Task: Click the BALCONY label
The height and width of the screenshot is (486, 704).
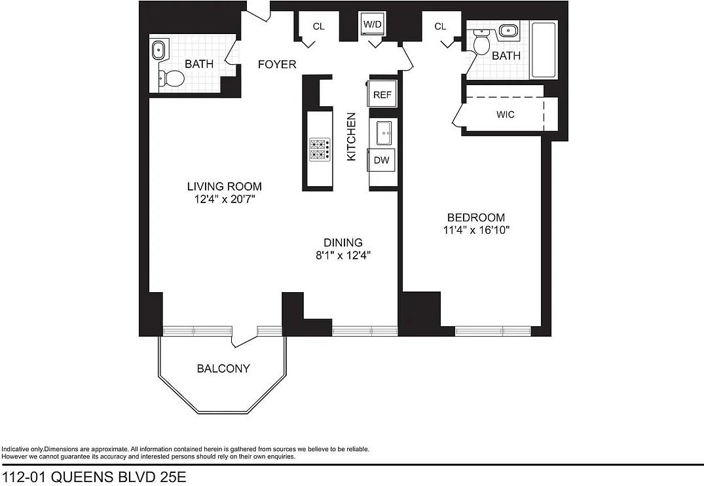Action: [223, 369]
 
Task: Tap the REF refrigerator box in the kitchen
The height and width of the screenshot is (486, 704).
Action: [382, 95]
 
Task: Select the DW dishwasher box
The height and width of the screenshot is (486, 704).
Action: [381, 159]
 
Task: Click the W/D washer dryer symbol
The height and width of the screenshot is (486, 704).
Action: [373, 25]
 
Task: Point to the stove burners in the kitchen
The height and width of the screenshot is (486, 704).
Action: [319, 149]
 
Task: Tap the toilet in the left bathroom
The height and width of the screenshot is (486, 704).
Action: [172, 79]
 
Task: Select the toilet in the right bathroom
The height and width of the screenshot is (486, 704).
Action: [481, 45]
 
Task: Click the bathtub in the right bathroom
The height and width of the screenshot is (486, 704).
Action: [543, 50]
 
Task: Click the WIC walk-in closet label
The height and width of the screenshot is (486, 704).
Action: [505, 115]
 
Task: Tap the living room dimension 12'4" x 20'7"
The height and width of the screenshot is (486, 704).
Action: [225, 199]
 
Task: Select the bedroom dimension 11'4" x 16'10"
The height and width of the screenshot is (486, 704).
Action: [476, 231]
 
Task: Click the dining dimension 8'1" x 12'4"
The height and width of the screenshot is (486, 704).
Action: [343, 255]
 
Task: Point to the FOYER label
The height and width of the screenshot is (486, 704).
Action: [276, 64]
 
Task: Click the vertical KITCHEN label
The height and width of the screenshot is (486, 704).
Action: [351, 137]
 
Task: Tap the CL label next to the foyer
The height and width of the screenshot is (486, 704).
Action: [318, 26]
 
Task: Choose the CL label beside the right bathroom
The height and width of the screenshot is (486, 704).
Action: [440, 26]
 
